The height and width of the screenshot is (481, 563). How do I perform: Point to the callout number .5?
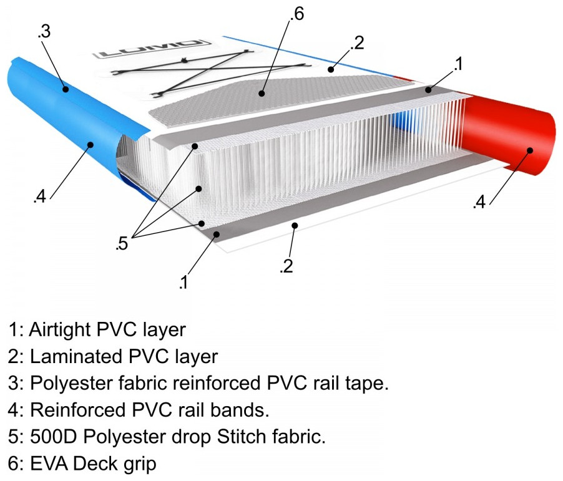[x=122, y=244]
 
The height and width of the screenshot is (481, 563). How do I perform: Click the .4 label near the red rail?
[x=479, y=203]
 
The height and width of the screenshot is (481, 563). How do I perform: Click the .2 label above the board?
[x=357, y=43]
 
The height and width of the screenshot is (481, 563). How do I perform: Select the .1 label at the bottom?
[x=183, y=283]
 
